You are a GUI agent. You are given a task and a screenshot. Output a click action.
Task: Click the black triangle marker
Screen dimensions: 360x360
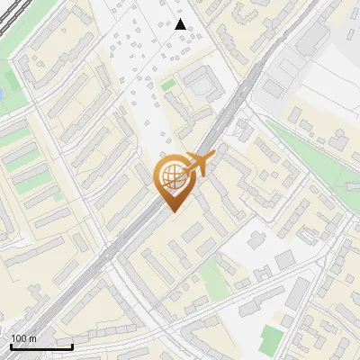click(x=181, y=24)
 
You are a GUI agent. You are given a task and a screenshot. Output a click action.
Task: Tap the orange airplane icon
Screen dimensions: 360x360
click(x=198, y=165)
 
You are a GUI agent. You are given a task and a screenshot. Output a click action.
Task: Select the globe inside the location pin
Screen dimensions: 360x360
click(x=171, y=177)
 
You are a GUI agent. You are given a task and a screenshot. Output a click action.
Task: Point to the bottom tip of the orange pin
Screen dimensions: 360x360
click(x=173, y=212)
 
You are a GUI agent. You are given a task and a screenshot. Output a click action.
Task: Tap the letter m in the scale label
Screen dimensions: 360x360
click(x=33, y=338)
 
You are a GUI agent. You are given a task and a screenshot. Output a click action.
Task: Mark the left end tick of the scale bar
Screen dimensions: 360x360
click(x=10, y=345)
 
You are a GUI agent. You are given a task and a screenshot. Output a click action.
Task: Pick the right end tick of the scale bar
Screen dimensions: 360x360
click(x=73, y=345)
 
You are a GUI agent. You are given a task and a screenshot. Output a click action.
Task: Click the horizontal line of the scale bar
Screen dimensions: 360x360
click(x=41, y=346)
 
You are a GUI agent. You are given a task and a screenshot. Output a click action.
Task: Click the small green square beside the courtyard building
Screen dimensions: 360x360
click(x=168, y=85)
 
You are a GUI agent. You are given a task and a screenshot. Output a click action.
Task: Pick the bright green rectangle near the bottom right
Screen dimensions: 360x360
click(x=269, y=340)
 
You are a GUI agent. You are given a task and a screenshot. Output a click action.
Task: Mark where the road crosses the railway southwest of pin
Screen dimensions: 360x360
click(x=108, y=264)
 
